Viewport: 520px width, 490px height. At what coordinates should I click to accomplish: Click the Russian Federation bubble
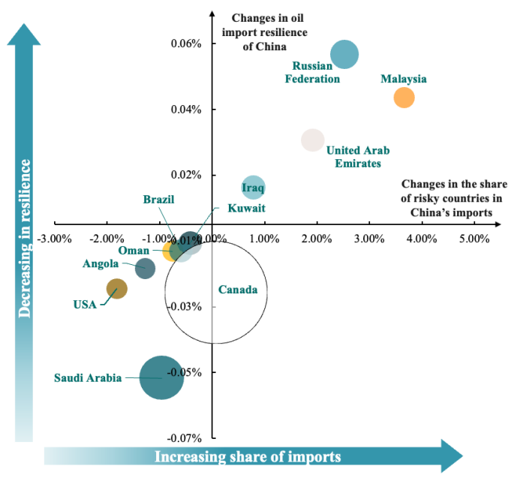344,54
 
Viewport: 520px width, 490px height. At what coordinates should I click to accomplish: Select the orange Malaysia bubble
404,98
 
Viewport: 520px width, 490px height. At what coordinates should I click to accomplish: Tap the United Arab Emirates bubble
312,140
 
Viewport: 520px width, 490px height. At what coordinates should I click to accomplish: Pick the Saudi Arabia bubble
161,377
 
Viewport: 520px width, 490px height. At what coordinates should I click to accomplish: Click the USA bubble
117,288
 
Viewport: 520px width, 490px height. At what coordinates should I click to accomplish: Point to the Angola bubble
146,268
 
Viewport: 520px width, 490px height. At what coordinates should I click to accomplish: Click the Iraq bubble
254,188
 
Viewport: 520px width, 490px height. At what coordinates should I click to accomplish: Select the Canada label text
237,290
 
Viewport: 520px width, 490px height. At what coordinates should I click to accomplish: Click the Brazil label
158,200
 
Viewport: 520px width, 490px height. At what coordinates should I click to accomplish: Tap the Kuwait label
246,208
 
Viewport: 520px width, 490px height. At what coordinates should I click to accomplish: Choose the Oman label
134,250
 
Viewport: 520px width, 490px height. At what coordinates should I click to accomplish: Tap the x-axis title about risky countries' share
454,198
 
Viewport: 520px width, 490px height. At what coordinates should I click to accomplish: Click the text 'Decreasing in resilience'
26,239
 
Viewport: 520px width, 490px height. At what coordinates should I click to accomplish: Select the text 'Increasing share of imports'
248,456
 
